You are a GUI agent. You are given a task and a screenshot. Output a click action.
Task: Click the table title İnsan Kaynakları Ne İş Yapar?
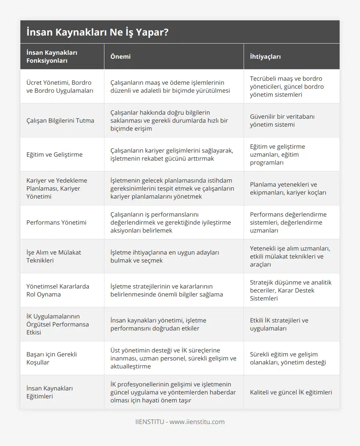pyautogui.click(x=97, y=32)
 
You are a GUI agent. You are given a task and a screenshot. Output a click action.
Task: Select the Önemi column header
pyautogui.click(x=120, y=56)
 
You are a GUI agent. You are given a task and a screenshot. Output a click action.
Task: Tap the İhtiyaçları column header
pyautogui.click(x=265, y=56)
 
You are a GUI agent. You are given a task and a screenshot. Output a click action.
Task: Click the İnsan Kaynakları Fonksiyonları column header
pyautogui.click(x=52, y=56)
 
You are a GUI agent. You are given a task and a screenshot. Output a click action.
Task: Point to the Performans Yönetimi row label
pyautogui.click(x=56, y=222)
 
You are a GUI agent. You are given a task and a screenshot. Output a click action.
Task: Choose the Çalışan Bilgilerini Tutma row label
pyautogui.click(x=60, y=120)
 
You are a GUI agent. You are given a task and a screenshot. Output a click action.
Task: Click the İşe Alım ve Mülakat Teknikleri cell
pyautogui.click(x=54, y=256)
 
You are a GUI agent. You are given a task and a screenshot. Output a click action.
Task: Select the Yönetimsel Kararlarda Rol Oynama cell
pyautogui.click(x=58, y=290)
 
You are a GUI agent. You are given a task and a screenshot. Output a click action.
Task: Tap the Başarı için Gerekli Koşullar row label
pyautogui.click(x=52, y=358)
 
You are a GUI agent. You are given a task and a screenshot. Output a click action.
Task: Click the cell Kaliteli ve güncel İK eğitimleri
pyautogui.click(x=291, y=392)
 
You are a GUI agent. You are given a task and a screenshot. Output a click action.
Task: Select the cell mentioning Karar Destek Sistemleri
pyautogui.click(x=291, y=290)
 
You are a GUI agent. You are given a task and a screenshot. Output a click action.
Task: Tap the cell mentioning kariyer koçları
pyautogui.click(x=288, y=188)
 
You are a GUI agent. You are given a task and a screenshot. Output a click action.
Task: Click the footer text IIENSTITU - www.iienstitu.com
pyautogui.click(x=180, y=422)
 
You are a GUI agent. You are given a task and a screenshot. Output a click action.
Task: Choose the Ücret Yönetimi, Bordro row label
pyautogui.click(x=59, y=86)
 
